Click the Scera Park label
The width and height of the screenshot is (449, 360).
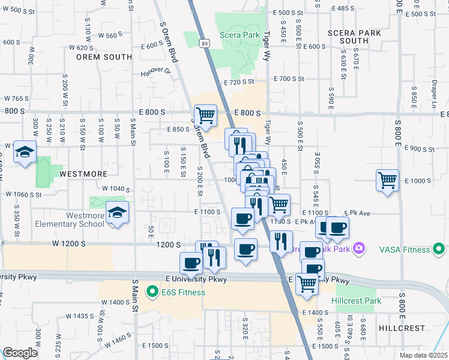click(x=240, y=35)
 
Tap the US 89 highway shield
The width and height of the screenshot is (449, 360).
click(x=205, y=44)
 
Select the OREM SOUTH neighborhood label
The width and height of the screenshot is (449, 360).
click(x=104, y=57)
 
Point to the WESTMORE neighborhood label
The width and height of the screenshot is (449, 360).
click(x=83, y=173)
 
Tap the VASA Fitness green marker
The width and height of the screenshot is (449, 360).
click(x=439, y=248)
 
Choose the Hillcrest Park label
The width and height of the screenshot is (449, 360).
click(x=356, y=301)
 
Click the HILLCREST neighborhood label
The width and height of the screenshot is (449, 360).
click(x=402, y=328)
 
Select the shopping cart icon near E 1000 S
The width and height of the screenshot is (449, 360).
click(x=387, y=179)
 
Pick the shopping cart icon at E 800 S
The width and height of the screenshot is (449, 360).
click(x=205, y=115)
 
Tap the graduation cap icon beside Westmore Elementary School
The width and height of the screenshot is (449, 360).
click(x=118, y=212)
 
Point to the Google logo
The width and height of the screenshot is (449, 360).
click(x=20, y=353)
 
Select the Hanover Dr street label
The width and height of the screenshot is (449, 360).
click(x=156, y=71)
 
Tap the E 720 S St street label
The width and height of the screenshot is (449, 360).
click(x=239, y=82)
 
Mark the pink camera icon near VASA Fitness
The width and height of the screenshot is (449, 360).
click(x=359, y=248)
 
